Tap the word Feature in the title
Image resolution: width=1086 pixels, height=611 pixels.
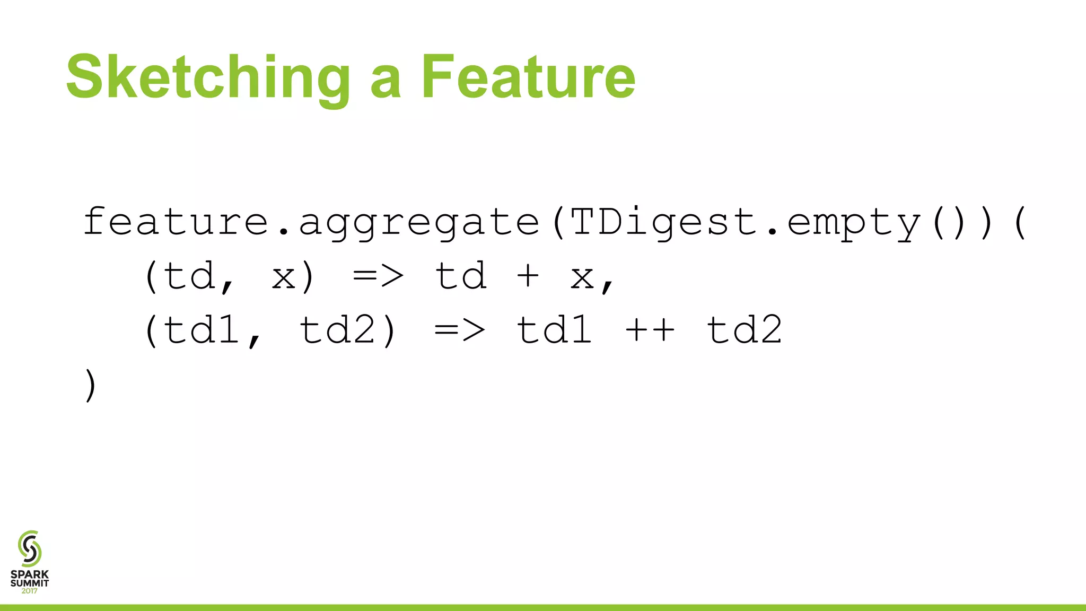point(528,77)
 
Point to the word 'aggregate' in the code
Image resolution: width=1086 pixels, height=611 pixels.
point(419,223)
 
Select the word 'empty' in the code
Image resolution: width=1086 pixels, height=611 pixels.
point(854,223)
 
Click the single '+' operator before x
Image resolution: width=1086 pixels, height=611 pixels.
point(528,276)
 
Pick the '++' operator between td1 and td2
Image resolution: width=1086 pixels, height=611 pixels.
point(650,329)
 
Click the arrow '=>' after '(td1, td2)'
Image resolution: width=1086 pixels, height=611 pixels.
point(460,330)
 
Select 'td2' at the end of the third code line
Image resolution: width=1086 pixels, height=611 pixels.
point(745,329)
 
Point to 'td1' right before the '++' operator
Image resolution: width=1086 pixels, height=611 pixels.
point(555,329)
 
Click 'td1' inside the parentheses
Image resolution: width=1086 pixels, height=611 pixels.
point(202,329)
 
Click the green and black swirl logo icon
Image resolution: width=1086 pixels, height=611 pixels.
point(30,548)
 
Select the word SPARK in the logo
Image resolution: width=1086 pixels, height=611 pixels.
point(30,574)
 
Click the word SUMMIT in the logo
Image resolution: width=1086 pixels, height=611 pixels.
point(30,583)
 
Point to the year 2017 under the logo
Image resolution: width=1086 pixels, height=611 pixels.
point(30,591)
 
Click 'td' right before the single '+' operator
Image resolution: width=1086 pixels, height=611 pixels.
point(460,276)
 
